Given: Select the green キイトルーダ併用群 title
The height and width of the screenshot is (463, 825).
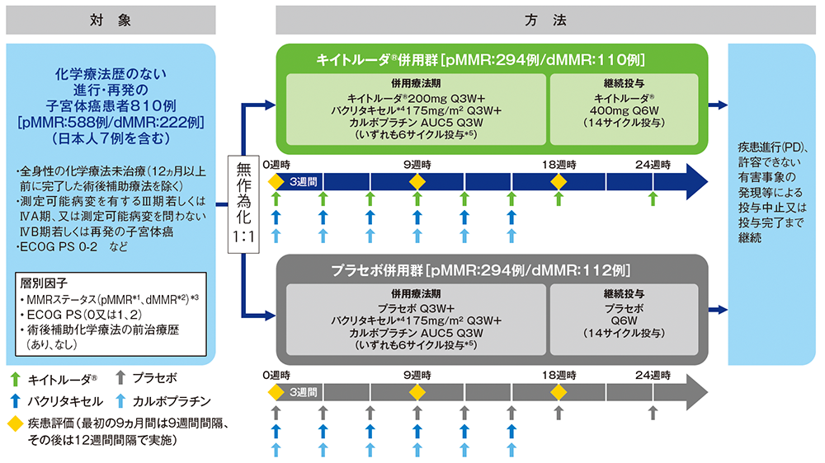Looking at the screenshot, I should click(x=492, y=60).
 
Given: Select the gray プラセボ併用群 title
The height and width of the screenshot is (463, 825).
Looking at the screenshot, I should click(x=492, y=270).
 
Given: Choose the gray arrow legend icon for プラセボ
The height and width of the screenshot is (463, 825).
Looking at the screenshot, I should click(x=120, y=379).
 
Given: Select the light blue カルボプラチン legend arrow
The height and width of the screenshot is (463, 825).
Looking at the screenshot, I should click(x=120, y=400).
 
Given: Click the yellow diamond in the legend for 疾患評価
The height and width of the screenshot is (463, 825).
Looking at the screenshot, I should click(x=14, y=423).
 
